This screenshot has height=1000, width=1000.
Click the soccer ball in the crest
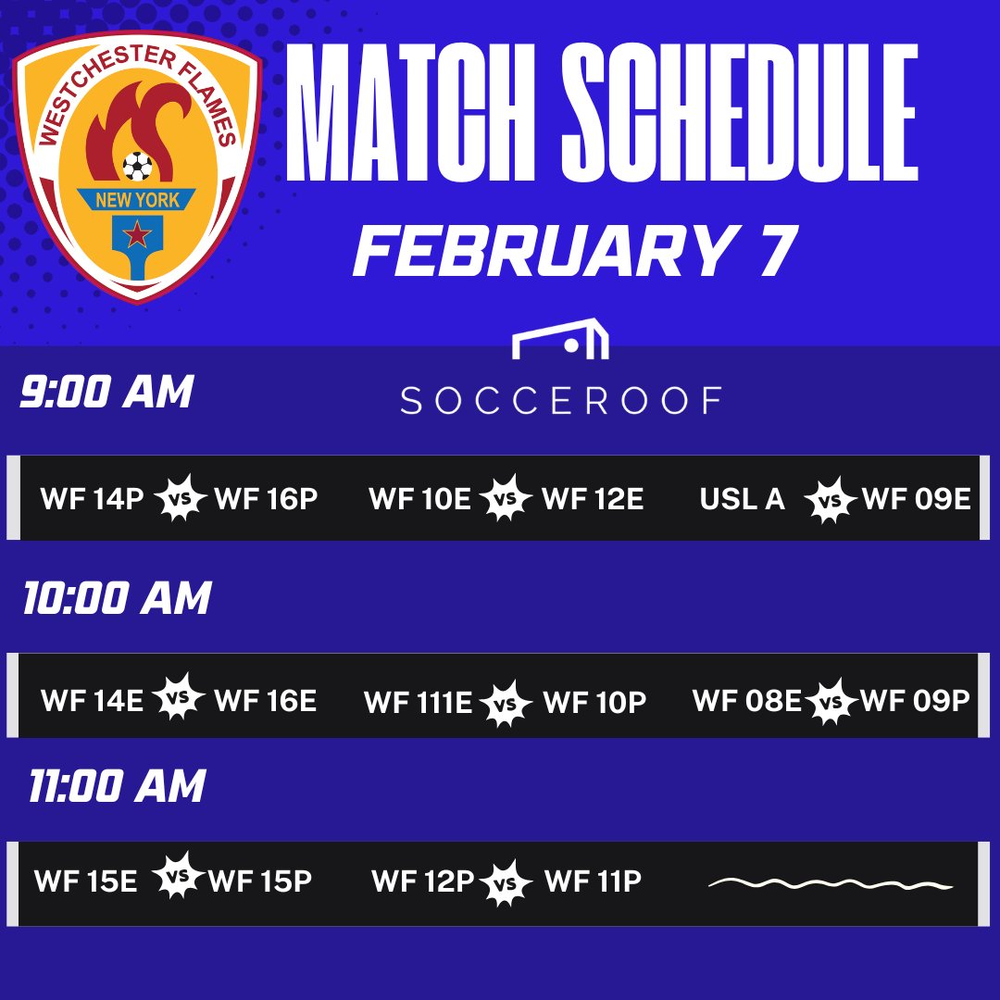pos(137,167)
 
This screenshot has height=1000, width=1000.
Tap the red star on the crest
pos(136,234)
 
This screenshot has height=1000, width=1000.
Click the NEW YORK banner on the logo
pos(136,199)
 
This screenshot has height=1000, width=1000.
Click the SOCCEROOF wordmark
pos(561,400)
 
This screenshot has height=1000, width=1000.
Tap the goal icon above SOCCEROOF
pos(561,341)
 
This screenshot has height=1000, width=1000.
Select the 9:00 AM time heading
pos(106,393)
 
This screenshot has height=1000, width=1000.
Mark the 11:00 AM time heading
pos(117,787)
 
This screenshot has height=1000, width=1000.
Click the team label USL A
pos(742,499)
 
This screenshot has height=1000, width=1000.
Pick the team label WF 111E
pos(419,703)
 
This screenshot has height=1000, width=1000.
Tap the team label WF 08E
pos(746,701)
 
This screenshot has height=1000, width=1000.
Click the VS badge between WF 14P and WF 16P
pos(180,499)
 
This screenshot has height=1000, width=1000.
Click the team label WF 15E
pos(85,881)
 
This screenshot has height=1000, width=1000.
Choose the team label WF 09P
pos(915,701)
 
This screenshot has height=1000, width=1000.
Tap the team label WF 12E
pos(593,499)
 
